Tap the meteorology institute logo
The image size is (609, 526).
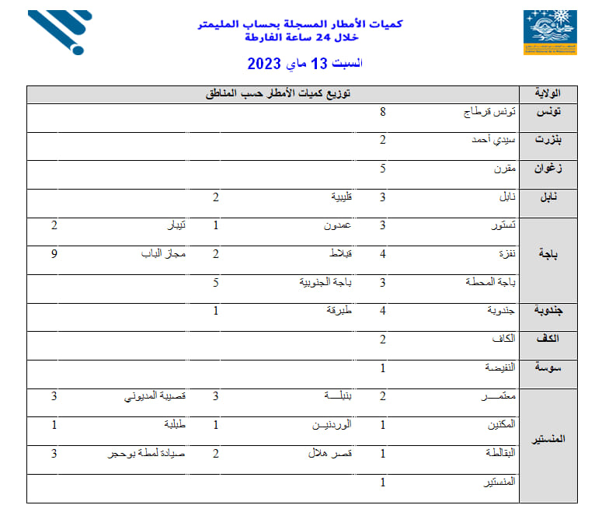coord(549,32)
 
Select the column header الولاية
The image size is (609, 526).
coord(553,95)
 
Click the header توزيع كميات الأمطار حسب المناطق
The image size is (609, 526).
coord(277,95)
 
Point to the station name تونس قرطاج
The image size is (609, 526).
coord(490,113)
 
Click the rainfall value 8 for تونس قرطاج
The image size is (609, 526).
coord(383,112)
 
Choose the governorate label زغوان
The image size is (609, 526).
coord(552,169)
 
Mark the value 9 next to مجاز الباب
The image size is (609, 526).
coord(54,253)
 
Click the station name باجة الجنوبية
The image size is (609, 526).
coord(326,282)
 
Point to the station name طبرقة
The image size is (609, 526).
coord(339,311)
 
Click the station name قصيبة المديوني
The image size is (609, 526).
coord(155,396)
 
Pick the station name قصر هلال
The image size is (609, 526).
coord(332,454)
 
